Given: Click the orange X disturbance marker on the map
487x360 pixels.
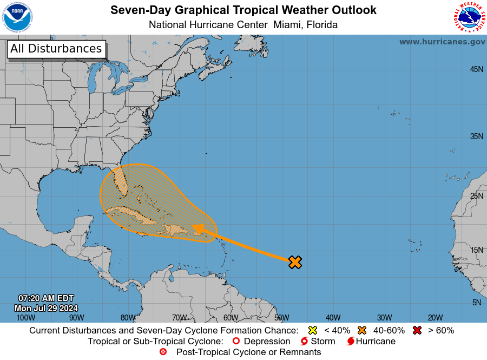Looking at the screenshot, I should pyautogui.click(x=294, y=263).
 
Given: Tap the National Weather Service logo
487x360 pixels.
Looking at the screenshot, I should pyautogui.click(x=469, y=17).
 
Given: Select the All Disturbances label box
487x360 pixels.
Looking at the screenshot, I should pyautogui.click(x=56, y=49).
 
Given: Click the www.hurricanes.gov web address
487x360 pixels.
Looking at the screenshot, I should pyautogui.click(x=442, y=42).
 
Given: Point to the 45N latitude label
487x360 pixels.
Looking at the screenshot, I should pyautogui.click(x=476, y=69).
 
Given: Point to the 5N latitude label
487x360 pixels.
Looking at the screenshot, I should pyautogui.click(x=476, y=303).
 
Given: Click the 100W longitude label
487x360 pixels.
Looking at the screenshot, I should pyautogui.click(x=25, y=318).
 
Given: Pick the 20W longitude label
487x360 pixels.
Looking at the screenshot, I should pyautogui.click(x=435, y=318).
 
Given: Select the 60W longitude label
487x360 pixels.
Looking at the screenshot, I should pyautogui.click(x=231, y=318).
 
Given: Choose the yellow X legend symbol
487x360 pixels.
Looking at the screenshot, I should pyautogui.click(x=312, y=330).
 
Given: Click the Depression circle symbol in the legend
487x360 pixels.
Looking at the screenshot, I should pyautogui.click(x=235, y=342).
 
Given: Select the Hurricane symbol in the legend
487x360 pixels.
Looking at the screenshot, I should pyautogui.click(x=351, y=342).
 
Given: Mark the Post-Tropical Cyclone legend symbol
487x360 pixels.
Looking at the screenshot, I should pyautogui.click(x=163, y=352).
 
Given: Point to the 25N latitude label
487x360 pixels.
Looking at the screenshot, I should pyautogui.click(x=476, y=195).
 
